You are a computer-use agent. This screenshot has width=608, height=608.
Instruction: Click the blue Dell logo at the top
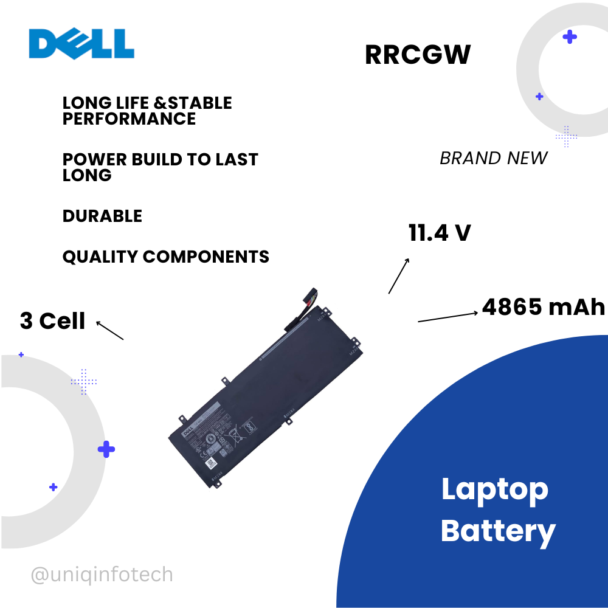81,44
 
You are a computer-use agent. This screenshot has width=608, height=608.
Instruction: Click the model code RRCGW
418,55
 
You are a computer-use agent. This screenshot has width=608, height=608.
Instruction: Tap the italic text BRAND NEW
493,158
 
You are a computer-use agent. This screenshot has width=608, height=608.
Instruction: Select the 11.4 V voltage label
440,233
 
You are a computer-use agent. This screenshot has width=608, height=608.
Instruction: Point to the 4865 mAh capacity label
544,307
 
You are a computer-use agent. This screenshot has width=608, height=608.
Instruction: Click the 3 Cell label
53,321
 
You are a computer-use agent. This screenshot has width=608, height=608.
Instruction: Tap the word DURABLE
102,216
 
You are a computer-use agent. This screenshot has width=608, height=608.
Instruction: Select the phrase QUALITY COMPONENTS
165,257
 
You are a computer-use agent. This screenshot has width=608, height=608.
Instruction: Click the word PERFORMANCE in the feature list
129,119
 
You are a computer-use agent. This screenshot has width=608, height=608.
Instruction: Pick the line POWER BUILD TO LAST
161,159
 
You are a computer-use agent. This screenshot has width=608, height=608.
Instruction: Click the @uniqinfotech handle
102,574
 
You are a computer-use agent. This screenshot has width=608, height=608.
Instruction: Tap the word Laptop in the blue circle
495,489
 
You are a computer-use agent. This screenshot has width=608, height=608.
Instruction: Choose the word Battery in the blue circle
498,531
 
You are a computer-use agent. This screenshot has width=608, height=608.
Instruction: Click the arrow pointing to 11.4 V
399,275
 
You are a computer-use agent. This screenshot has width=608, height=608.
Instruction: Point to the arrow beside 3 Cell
110,330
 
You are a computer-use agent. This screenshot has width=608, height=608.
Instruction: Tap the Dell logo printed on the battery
189,432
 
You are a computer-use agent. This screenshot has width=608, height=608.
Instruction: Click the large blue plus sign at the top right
570,37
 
